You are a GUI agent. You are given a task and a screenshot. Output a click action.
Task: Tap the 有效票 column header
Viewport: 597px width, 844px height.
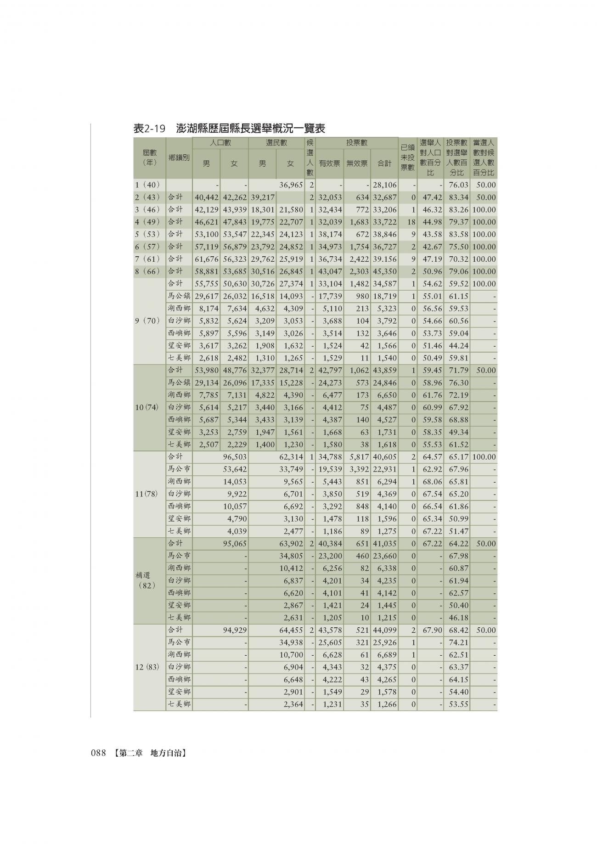329,163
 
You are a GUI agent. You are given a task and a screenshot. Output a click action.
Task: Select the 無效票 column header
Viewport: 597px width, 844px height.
357,163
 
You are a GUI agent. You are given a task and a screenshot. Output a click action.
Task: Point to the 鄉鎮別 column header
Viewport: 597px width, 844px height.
179,158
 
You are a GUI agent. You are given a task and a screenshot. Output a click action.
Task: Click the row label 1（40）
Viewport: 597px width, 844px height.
147,185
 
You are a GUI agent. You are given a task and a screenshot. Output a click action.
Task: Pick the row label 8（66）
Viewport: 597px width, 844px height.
147,271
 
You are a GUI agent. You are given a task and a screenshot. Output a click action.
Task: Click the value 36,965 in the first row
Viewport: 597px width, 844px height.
291,185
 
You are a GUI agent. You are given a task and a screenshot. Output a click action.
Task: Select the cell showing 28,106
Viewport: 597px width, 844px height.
385,185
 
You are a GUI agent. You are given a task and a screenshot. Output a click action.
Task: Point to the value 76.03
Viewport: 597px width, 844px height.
458,185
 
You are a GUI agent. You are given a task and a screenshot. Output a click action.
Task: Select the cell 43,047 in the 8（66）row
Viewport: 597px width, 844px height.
330,271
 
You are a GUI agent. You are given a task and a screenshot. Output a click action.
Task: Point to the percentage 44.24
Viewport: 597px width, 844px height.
458,346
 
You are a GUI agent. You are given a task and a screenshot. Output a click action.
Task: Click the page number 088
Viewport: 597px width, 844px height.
99,753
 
